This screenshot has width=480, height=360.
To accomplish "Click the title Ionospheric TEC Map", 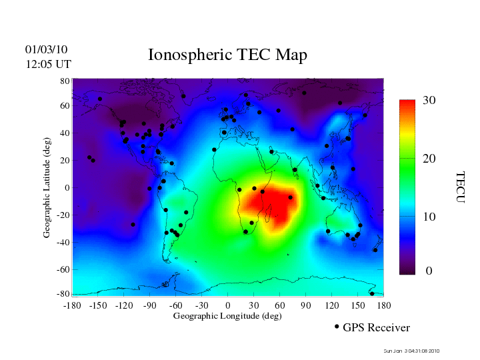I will (x=227, y=55).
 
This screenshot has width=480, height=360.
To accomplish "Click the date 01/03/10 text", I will (x=47, y=50).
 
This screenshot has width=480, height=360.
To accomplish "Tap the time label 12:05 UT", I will (x=48, y=65).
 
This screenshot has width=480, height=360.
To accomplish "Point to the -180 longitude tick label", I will (x=71, y=305).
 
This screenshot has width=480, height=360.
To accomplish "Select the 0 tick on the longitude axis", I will (x=228, y=305).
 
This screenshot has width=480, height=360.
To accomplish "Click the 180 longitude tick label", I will (x=384, y=305).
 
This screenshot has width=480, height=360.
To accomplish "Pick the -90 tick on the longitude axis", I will (x=149, y=305).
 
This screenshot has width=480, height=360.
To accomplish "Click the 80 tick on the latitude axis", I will (x=65, y=81).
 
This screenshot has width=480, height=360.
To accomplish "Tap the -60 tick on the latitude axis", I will (x=63, y=270).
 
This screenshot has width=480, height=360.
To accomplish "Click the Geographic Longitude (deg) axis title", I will (x=227, y=316).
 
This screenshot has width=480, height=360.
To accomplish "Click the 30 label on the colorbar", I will (x=429, y=101).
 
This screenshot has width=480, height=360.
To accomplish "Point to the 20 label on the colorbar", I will (x=429, y=159).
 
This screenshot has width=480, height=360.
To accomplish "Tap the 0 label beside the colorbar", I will (x=429, y=271).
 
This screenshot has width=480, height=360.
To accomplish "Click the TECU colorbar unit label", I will (x=461, y=187).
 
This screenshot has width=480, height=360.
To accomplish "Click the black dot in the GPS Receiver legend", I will (x=337, y=327).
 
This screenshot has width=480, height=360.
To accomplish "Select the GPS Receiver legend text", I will (x=376, y=328).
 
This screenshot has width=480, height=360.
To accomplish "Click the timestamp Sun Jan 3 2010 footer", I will (x=411, y=351).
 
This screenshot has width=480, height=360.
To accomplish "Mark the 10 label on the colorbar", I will (x=429, y=217).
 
